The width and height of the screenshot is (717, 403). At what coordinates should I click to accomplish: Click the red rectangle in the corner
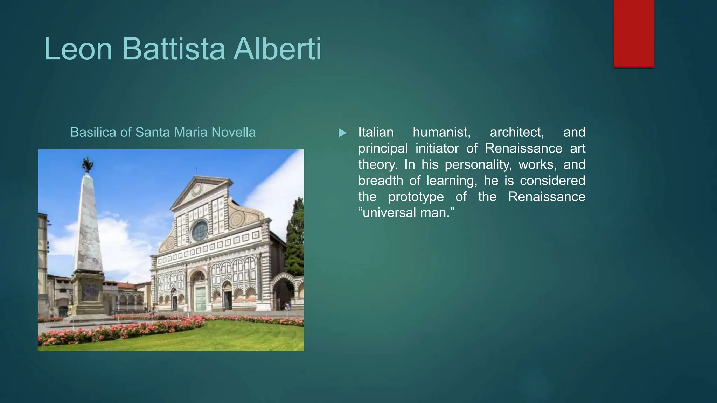[634, 33]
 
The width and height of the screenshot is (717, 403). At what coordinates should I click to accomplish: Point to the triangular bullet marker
[342, 133]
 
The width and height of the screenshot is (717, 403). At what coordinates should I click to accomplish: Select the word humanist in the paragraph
[441, 132]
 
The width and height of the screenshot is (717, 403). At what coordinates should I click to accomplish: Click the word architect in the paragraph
[517, 132]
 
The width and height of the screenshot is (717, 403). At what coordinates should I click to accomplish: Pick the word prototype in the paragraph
[416, 197]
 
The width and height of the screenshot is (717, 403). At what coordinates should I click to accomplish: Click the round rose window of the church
[200, 231]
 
